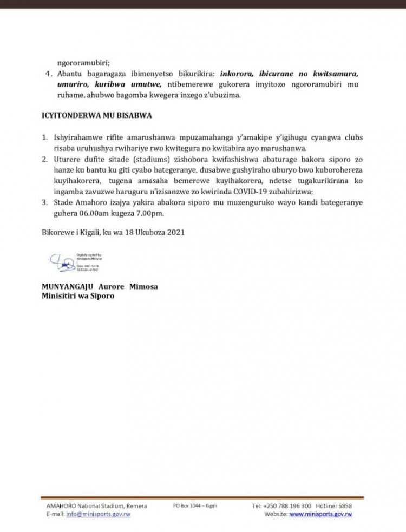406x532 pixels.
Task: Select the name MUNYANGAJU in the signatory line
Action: [x=68, y=286]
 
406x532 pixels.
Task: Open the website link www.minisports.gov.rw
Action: [x=320, y=514]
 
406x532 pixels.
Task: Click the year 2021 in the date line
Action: [x=174, y=233]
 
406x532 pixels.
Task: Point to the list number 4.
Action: [x=47, y=73]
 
